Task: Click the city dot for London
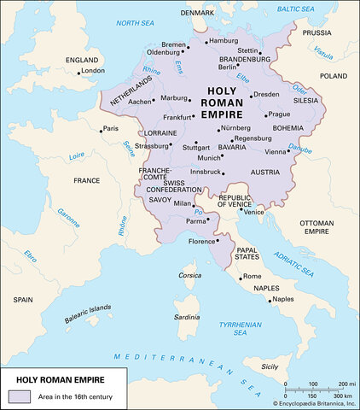point(78,73)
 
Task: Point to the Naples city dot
point(270,301)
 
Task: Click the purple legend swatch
point(19,395)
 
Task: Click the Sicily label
point(270,366)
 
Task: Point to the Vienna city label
point(276,151)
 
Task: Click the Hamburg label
point(223,41)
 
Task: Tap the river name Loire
point(77,156)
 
